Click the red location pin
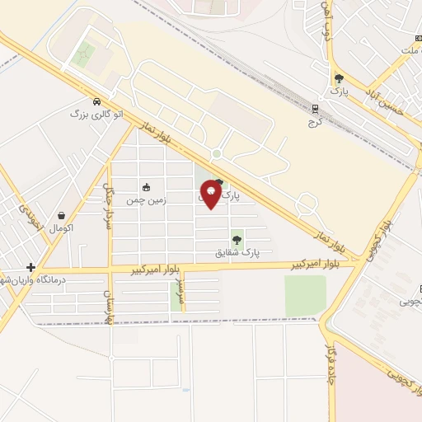211,195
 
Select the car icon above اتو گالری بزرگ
96,101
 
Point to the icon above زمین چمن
147,187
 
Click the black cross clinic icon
30,267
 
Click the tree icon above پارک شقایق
237,240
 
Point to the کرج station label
315,121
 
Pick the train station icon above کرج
315,109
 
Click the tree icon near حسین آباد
339,79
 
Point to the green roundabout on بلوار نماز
217,153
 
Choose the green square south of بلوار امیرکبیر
305,295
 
